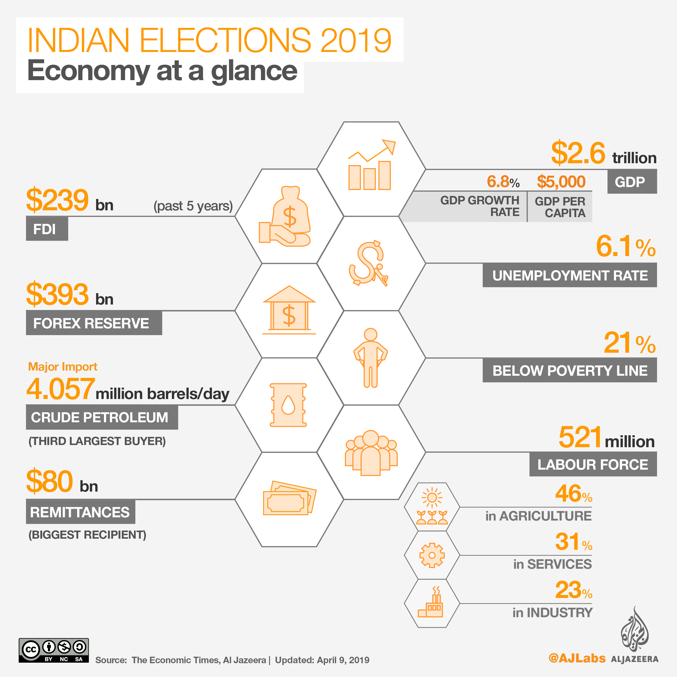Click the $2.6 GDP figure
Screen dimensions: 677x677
578,153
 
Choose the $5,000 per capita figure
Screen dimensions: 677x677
561,182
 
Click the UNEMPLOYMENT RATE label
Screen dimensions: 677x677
570,275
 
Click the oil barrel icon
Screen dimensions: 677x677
288,405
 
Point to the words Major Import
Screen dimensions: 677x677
63,367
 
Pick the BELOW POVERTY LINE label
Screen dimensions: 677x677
570,370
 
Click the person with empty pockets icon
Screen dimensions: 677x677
370,357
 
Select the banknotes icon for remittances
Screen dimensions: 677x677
289,499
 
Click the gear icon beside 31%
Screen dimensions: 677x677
432,555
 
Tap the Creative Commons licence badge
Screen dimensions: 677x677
54,650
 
